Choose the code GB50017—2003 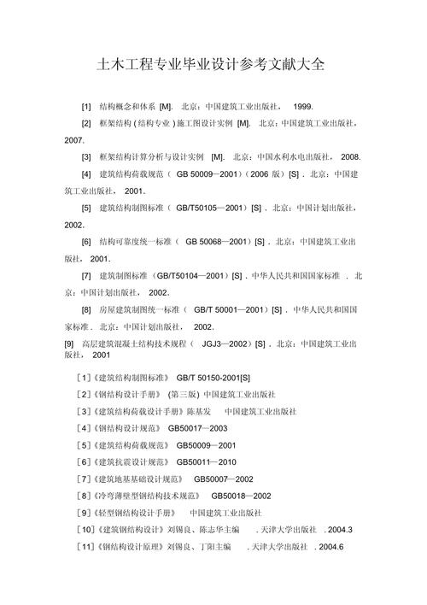pos(198,428)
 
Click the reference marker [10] pos(86,530)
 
